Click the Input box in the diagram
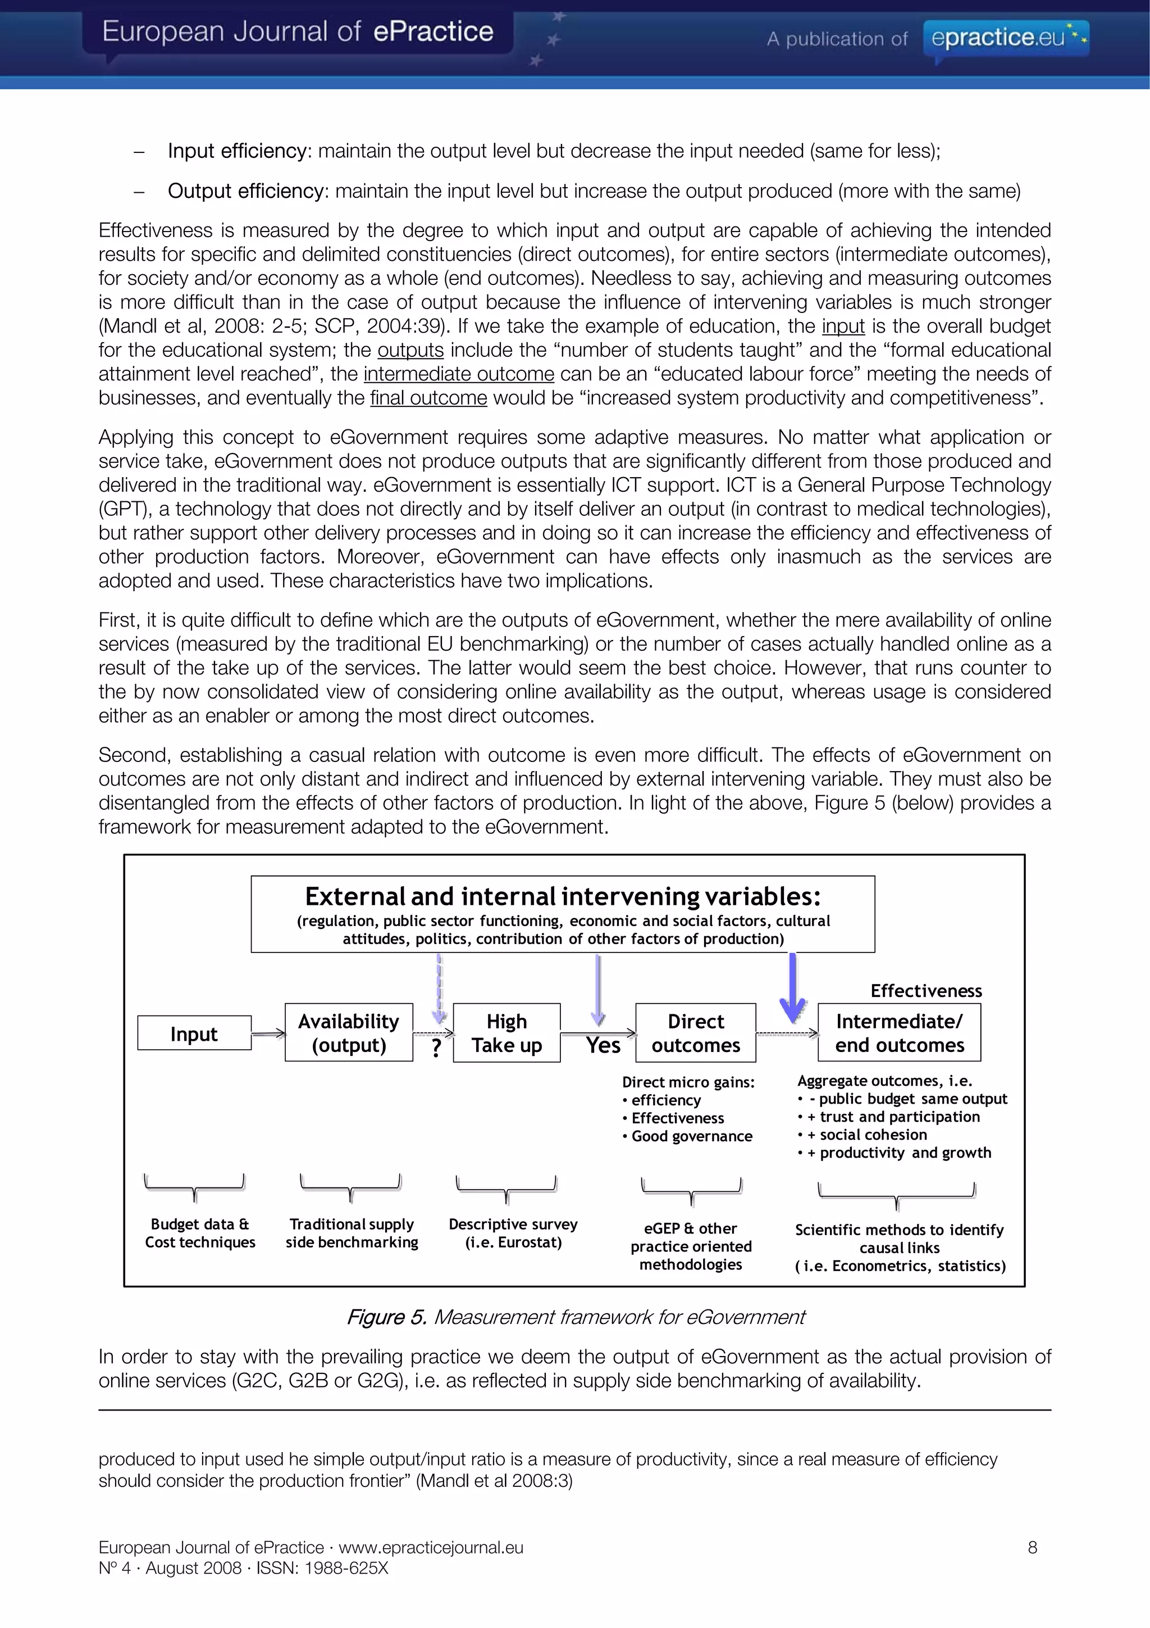tap(194, 1033)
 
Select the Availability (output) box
tap(349, 1032)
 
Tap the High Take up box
tap(506, 1032)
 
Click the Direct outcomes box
tap(695, 1032)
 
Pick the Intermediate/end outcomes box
tap(899, 1032)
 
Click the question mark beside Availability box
tap(436, 1048)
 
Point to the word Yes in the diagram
tap(603, 1045)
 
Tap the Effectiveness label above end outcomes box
tap(926, 991)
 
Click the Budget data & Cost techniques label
tap(200, 1233)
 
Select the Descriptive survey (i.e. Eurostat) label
tap(513, 1233)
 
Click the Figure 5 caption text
tap(576, 1317)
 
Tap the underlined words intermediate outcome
tap(458, 374)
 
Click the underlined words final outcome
tap(428, 398)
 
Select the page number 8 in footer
tap(1033, 1547)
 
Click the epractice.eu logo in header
tap(1006, 38)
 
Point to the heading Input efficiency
tap(236, 151)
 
